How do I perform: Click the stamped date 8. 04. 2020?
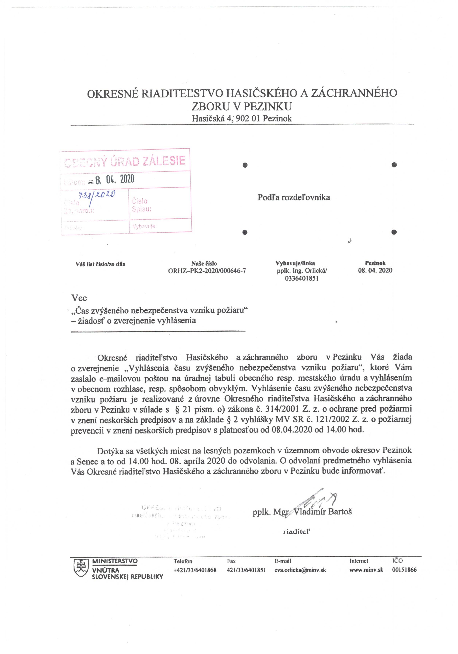coord(115,179)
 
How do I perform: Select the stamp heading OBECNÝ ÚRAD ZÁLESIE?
coord(125,161)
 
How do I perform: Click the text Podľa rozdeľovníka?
coord(294,197)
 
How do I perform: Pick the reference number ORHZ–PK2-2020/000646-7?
coord(207,271)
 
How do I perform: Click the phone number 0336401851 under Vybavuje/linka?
coord(302,278)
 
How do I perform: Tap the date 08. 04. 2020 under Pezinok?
coord(375,270)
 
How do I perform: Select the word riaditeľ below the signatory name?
coord(296,531)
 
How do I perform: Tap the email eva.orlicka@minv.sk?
coord(300,570)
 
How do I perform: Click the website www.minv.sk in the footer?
coord(366,570)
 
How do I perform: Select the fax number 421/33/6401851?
coord(246,570)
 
